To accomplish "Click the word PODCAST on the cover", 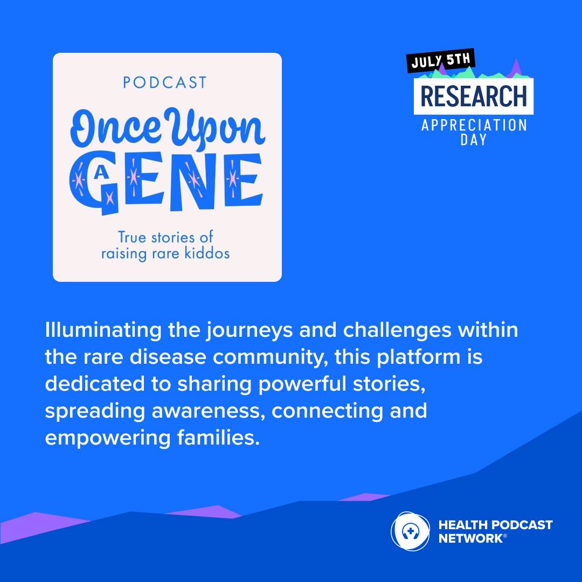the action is [x=165, y=82].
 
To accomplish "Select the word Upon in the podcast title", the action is [x=215, y=130].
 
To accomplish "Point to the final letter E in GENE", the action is [x=243, y=180].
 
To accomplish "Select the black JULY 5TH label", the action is [x=441, y=60].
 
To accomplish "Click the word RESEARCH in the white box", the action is [x=474, y=96].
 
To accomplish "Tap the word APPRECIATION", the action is [x=474, y=126].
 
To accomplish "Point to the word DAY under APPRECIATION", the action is [x=473, y=140].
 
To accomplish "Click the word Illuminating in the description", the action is [x=103, y=330].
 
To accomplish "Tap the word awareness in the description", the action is [x=208, y=411].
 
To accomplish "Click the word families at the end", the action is [x=218, y=438].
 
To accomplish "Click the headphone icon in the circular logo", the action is [x=410, y=531].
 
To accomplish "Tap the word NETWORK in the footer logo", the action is [x=470, y=538].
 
